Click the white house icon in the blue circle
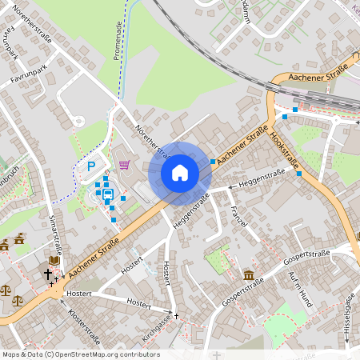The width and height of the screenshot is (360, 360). click(179, 172)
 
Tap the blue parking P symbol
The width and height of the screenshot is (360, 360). click(91, 167)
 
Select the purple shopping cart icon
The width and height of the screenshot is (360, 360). click(124, 165)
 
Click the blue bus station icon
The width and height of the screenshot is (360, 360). click(107, 193)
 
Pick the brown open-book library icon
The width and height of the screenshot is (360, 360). click(54, 261)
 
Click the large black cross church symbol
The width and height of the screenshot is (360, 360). click(47, 274)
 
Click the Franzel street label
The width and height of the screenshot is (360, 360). click(237, 217)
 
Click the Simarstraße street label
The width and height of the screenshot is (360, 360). click(55, 232)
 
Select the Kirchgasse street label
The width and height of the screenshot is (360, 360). click(158, 330)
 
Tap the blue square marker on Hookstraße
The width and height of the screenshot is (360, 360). click(298, 174)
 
